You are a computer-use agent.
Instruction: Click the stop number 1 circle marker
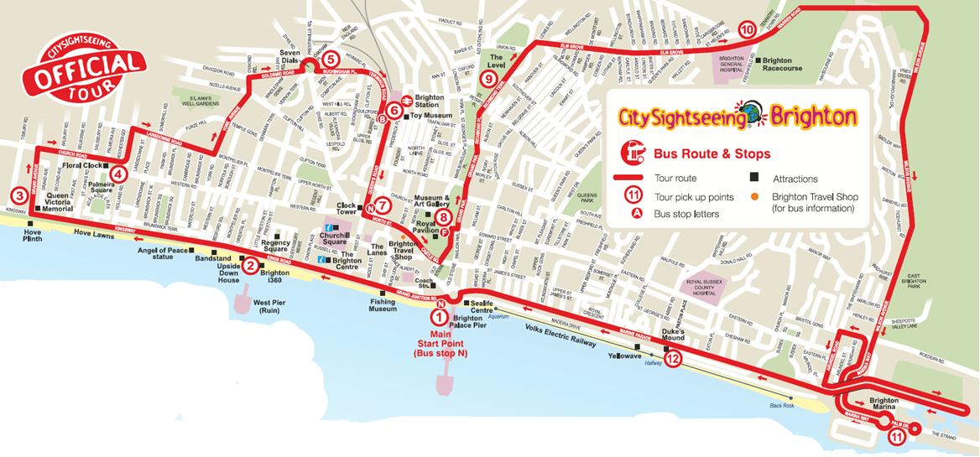pos(438,317)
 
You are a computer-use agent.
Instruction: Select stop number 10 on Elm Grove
pos(747,29)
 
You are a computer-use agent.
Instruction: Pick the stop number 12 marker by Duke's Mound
pos(672,359)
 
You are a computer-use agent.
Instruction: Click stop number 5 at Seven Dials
pos(330,59)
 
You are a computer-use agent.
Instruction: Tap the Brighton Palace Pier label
pos(468,323)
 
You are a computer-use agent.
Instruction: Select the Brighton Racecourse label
pos(782,65)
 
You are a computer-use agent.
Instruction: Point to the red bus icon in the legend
pos(630,153)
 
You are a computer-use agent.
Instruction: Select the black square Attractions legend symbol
pos(753,179)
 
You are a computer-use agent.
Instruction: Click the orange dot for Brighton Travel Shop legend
pos(753,197)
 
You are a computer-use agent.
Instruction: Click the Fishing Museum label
pos(383,305)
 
